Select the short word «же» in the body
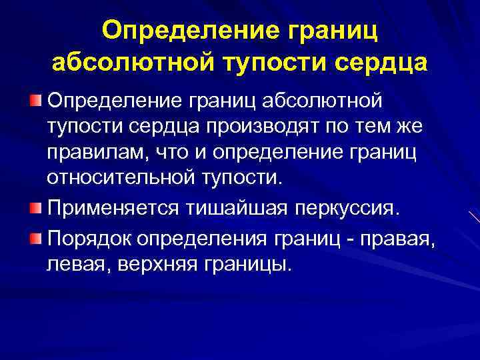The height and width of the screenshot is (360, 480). (x=422, y=127)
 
